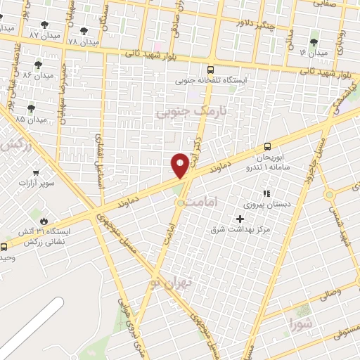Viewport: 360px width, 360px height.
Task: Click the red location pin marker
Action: [x=180, y=165]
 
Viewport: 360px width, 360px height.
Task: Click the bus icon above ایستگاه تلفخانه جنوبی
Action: [x=211, y=70]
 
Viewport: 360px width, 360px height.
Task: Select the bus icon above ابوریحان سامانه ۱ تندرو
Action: [x=266, y=146]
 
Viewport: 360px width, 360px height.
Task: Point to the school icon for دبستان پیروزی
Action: [x=266, y=193]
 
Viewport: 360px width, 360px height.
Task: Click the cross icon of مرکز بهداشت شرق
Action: [x=240, y=219]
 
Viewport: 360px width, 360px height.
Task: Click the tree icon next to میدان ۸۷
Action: [x=45, y=25]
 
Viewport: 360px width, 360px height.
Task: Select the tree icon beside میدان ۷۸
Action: [x=84, y=31]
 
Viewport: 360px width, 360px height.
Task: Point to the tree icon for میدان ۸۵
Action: [x=30, y=108]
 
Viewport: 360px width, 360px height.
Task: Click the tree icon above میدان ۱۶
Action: [x=314, y=42]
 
